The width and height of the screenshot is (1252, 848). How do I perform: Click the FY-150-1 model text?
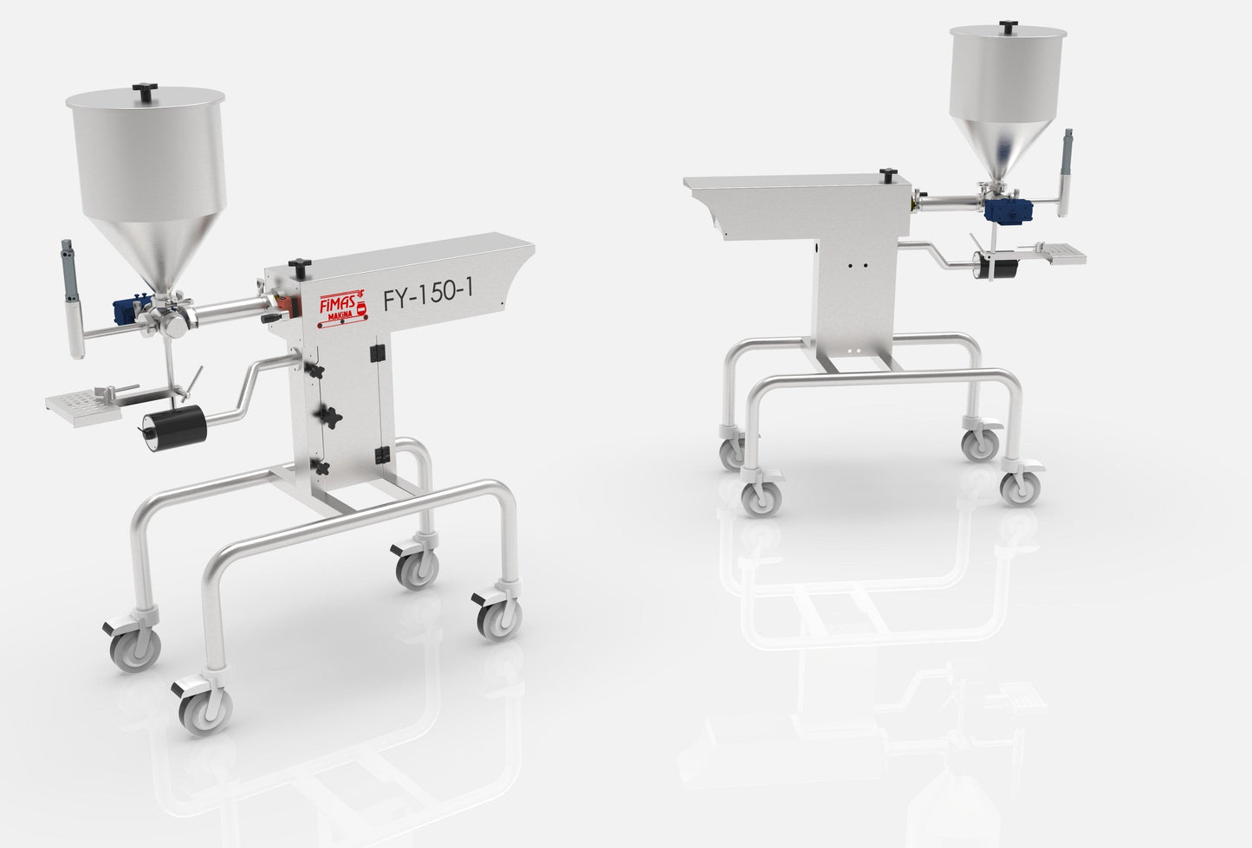click(x=428, y=295)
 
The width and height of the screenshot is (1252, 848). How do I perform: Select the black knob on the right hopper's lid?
click(x=1009, y=26)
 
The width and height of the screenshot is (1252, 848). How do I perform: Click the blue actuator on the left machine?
click(x=128, y=311)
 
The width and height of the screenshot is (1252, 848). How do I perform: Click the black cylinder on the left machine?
click(x=175, y=428)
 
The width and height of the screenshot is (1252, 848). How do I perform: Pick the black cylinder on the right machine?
click(x=995, y=265)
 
